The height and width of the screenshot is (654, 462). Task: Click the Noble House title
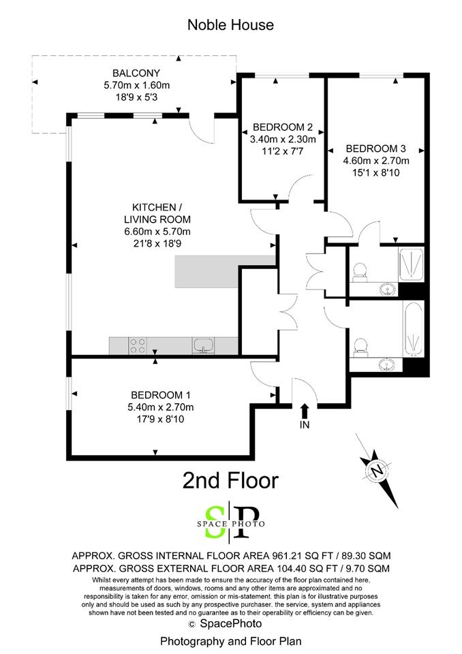pos(230,25)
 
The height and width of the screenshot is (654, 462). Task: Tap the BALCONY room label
pos(136,74)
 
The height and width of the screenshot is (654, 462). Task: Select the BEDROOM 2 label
pos(283,127)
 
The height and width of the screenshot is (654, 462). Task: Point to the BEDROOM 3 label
pos(376,149)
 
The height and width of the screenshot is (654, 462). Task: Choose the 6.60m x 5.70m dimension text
pos(157,232)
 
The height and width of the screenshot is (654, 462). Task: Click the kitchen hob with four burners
pos(138,346)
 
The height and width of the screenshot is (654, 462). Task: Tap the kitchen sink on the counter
pos(203,346)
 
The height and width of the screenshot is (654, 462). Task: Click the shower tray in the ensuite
pos(411,264)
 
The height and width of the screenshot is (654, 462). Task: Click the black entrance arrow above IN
pos(305,411)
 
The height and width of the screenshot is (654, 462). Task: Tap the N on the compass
pos(377,471)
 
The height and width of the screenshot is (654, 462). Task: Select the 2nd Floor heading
pos(230,480)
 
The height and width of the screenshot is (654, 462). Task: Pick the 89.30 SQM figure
pos(366,556)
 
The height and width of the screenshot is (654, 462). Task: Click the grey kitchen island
pos(226,272)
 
